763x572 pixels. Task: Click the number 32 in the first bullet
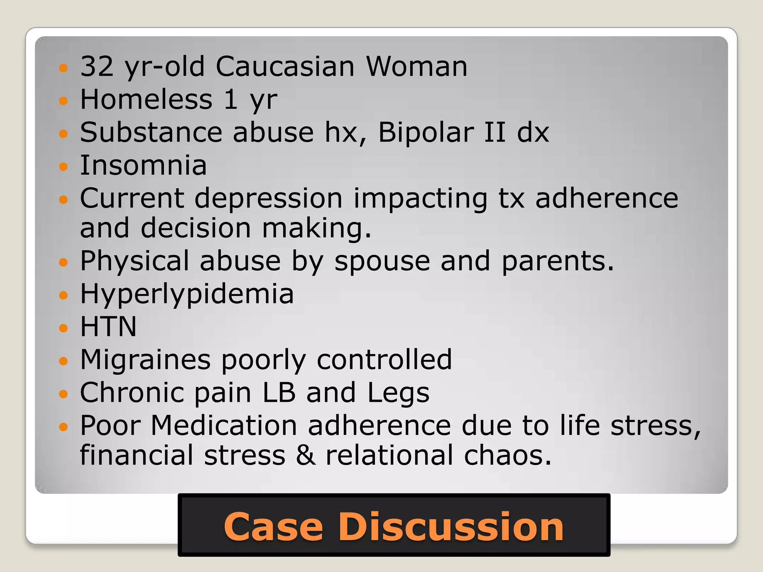pyautogui.click(x=97, y=67)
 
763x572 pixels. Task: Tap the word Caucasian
pyautogui.click(x=285, y=67)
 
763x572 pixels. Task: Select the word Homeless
pyautogui.click(x=146, y=100)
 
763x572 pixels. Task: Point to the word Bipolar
pyautogui.click(x=426, y=133)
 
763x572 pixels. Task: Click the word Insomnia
pyautogui.click(x=143, y=165)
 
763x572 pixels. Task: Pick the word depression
pyautogui.click(x=268, y=198)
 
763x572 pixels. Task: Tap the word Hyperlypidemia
pyautogui.click(x=187, y=294)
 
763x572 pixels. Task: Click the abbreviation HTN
pyautogui.click(x=108, y=327)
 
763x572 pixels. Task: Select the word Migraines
pyautogui.click(x=145, y=360)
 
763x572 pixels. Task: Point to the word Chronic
pyautogui.click(x=132, y=393)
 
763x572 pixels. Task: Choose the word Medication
pyautogui.click(x=224, y=426)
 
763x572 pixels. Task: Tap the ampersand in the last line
pyautogui.click(x=305, y=455)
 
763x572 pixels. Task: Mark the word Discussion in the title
pyautogui.click(x=451, y=527)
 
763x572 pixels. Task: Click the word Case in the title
pyautogui.click(x=273, y=527)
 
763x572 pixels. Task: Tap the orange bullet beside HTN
pyautogui.click(x=64, y=328)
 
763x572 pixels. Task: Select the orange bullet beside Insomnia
pyautogui.click(x=64, y=166)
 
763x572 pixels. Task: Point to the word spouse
pyautogui.click(x=382, y=261)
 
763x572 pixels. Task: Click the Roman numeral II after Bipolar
pyautogui.click(x=495, y=133)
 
